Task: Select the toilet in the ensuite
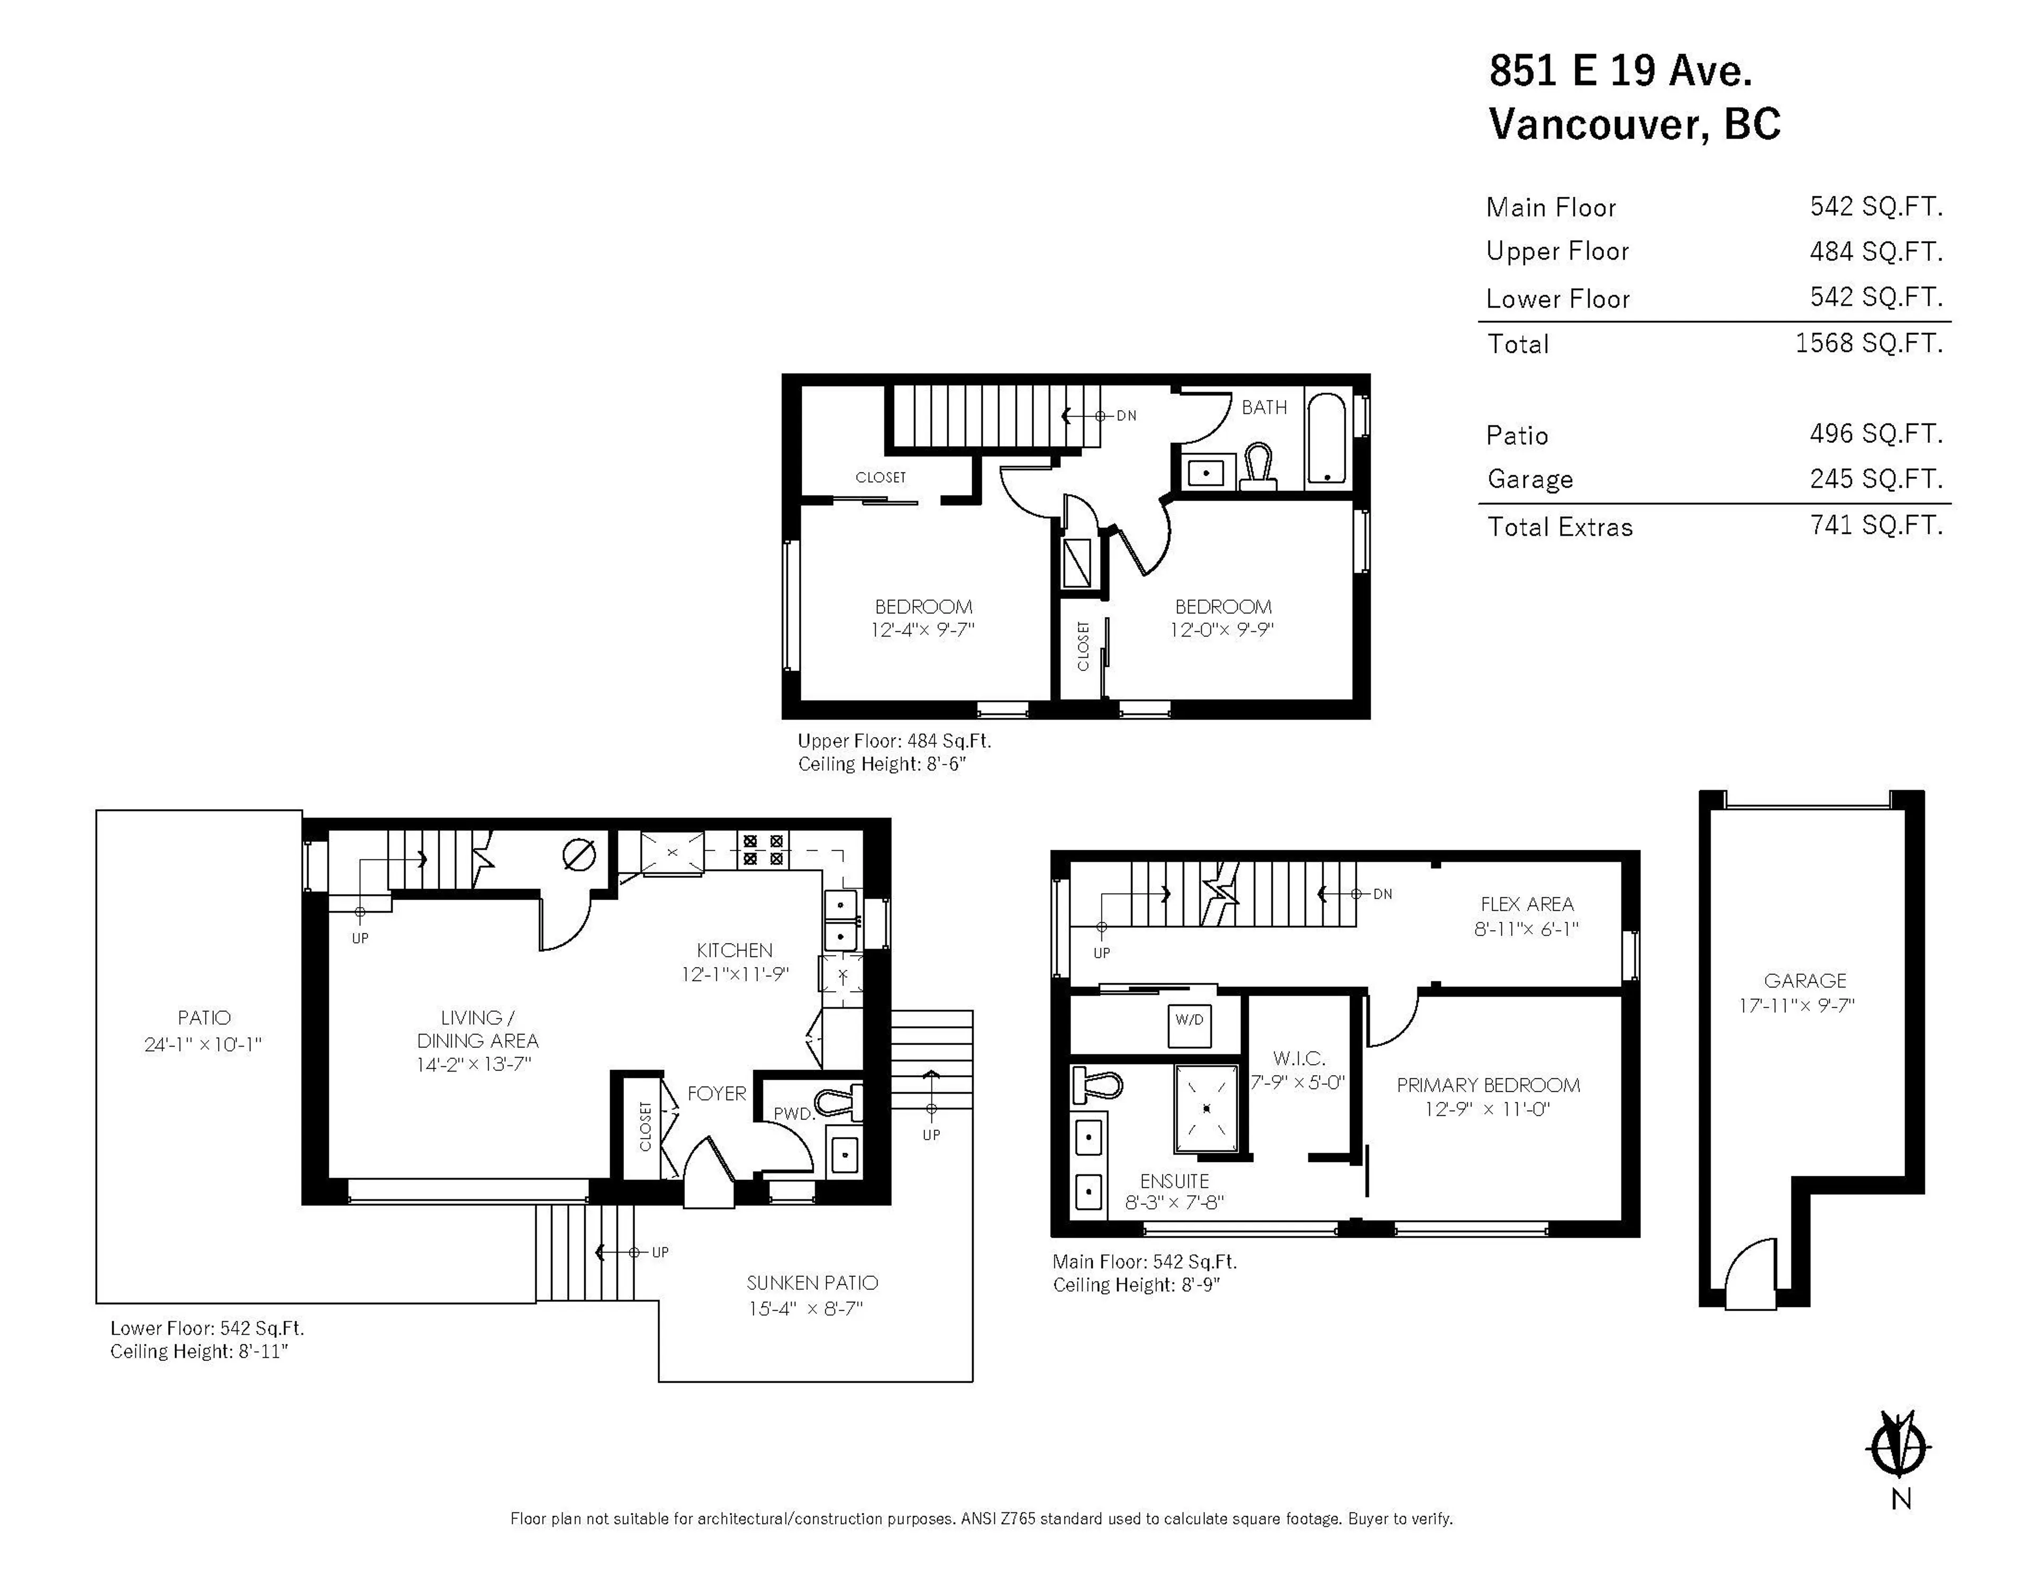(x=1098, y=1084)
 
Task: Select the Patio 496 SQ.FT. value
(x=1876, y=434)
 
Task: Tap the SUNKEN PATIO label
(x=811, y=1283)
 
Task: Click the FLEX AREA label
(x=1527, y=904)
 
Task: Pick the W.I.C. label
(x=1299, y=1058)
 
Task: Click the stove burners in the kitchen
(x=763, y=850)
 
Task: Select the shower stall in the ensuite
(x=1206, y=1109)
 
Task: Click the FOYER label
(x=716, y=1094)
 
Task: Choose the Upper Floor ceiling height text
(x=882, y=764)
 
